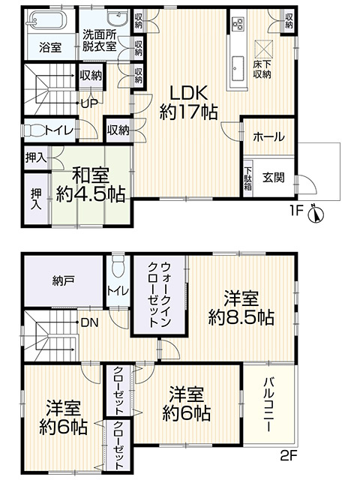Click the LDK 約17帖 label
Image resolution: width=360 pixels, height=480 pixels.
[189, 103]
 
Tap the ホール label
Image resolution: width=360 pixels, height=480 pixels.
[268, 137]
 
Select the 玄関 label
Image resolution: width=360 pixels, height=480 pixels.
[273, 178]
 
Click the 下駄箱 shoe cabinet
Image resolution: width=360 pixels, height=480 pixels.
[247, 179]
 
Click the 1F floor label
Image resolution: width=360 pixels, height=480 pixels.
[295, 212]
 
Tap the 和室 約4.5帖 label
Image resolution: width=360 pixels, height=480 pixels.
[91, 184]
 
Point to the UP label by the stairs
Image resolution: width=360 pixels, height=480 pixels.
[88, 103]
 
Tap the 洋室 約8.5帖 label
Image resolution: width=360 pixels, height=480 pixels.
[240, 306]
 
